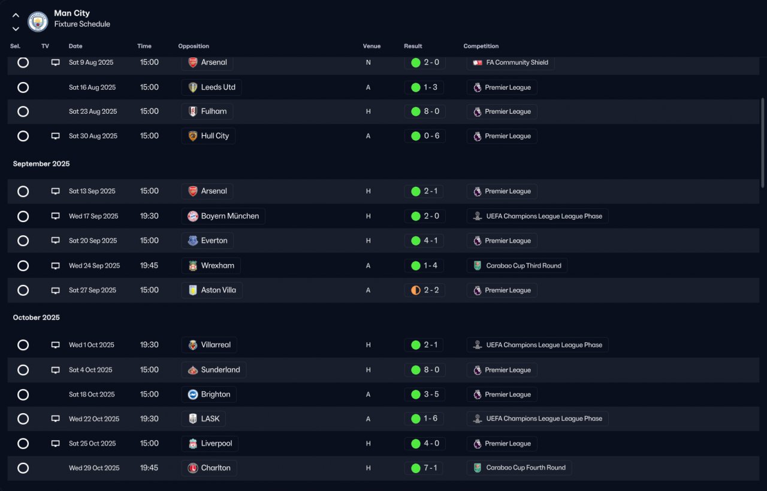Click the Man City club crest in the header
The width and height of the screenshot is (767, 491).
38,21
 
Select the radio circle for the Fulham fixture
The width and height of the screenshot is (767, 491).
23,111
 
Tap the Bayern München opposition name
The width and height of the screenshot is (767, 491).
230,216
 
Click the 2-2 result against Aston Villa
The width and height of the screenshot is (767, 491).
431,290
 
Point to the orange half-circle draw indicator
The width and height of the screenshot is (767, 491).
416,290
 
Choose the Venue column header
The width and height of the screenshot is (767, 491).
372,46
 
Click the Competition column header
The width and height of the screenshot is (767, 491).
481,46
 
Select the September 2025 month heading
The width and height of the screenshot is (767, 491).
41,163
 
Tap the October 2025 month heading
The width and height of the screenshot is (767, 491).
37,317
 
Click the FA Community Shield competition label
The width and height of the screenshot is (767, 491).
517,62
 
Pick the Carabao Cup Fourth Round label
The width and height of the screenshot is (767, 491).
526,468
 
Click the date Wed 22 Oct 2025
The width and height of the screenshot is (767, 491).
94,419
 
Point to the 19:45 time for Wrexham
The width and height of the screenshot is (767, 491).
149,265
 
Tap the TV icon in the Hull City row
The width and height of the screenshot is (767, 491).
56,136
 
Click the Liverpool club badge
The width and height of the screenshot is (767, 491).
193,444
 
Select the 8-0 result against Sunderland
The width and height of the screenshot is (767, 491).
431,370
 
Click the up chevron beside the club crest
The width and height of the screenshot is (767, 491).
16,16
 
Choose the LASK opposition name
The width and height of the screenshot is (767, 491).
210,419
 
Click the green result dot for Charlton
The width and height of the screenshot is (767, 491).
416,468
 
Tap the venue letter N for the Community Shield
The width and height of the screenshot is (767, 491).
368,63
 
